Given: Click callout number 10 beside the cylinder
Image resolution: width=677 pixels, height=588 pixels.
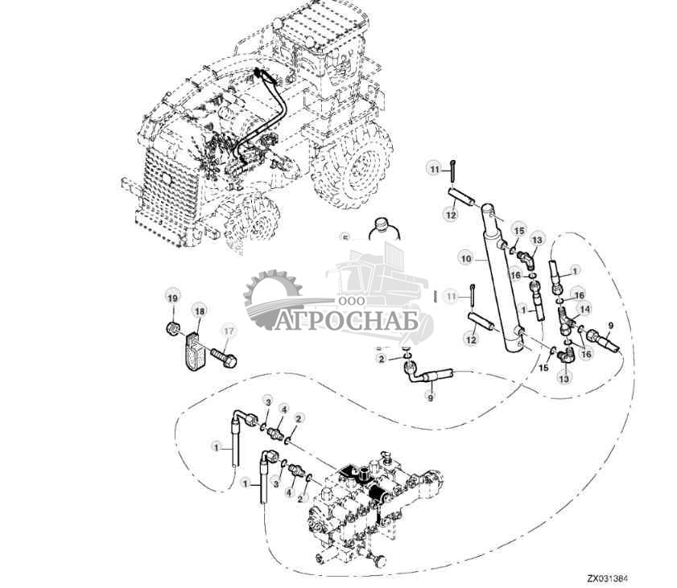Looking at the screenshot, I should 465,259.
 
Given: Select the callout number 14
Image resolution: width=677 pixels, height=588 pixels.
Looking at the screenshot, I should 584,308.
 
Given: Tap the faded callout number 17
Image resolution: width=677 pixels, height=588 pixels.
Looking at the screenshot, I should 228,331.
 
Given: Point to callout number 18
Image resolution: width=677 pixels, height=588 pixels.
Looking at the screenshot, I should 199,311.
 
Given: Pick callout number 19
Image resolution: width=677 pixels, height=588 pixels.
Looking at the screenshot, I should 171,298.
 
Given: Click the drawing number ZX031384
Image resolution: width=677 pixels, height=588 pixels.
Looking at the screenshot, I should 607,578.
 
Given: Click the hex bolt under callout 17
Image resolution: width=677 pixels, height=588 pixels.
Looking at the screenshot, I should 223,355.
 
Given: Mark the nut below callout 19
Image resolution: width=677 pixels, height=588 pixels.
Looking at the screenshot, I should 171,329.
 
